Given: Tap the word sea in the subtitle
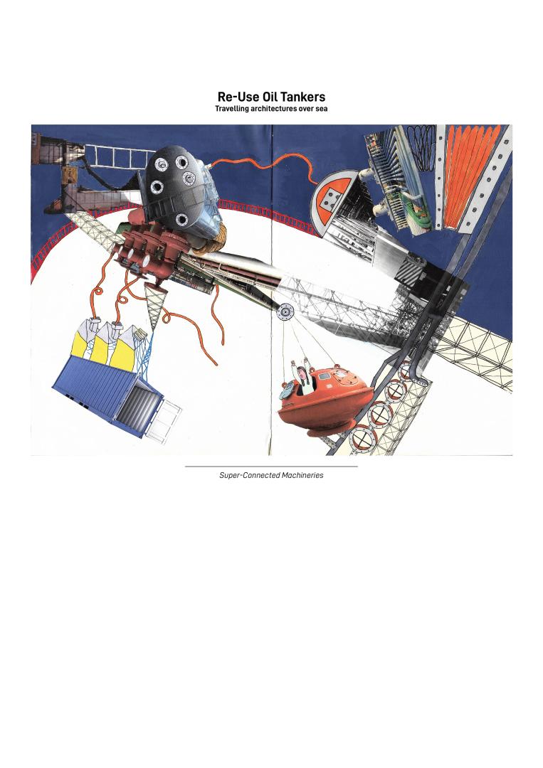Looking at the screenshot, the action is pyautogui.click(x=320, y=109).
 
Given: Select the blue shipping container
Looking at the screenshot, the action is pyautogui.click(x=107, y=395).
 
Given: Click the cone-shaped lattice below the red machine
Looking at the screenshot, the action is pyautogui.click(x=154, y=304).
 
